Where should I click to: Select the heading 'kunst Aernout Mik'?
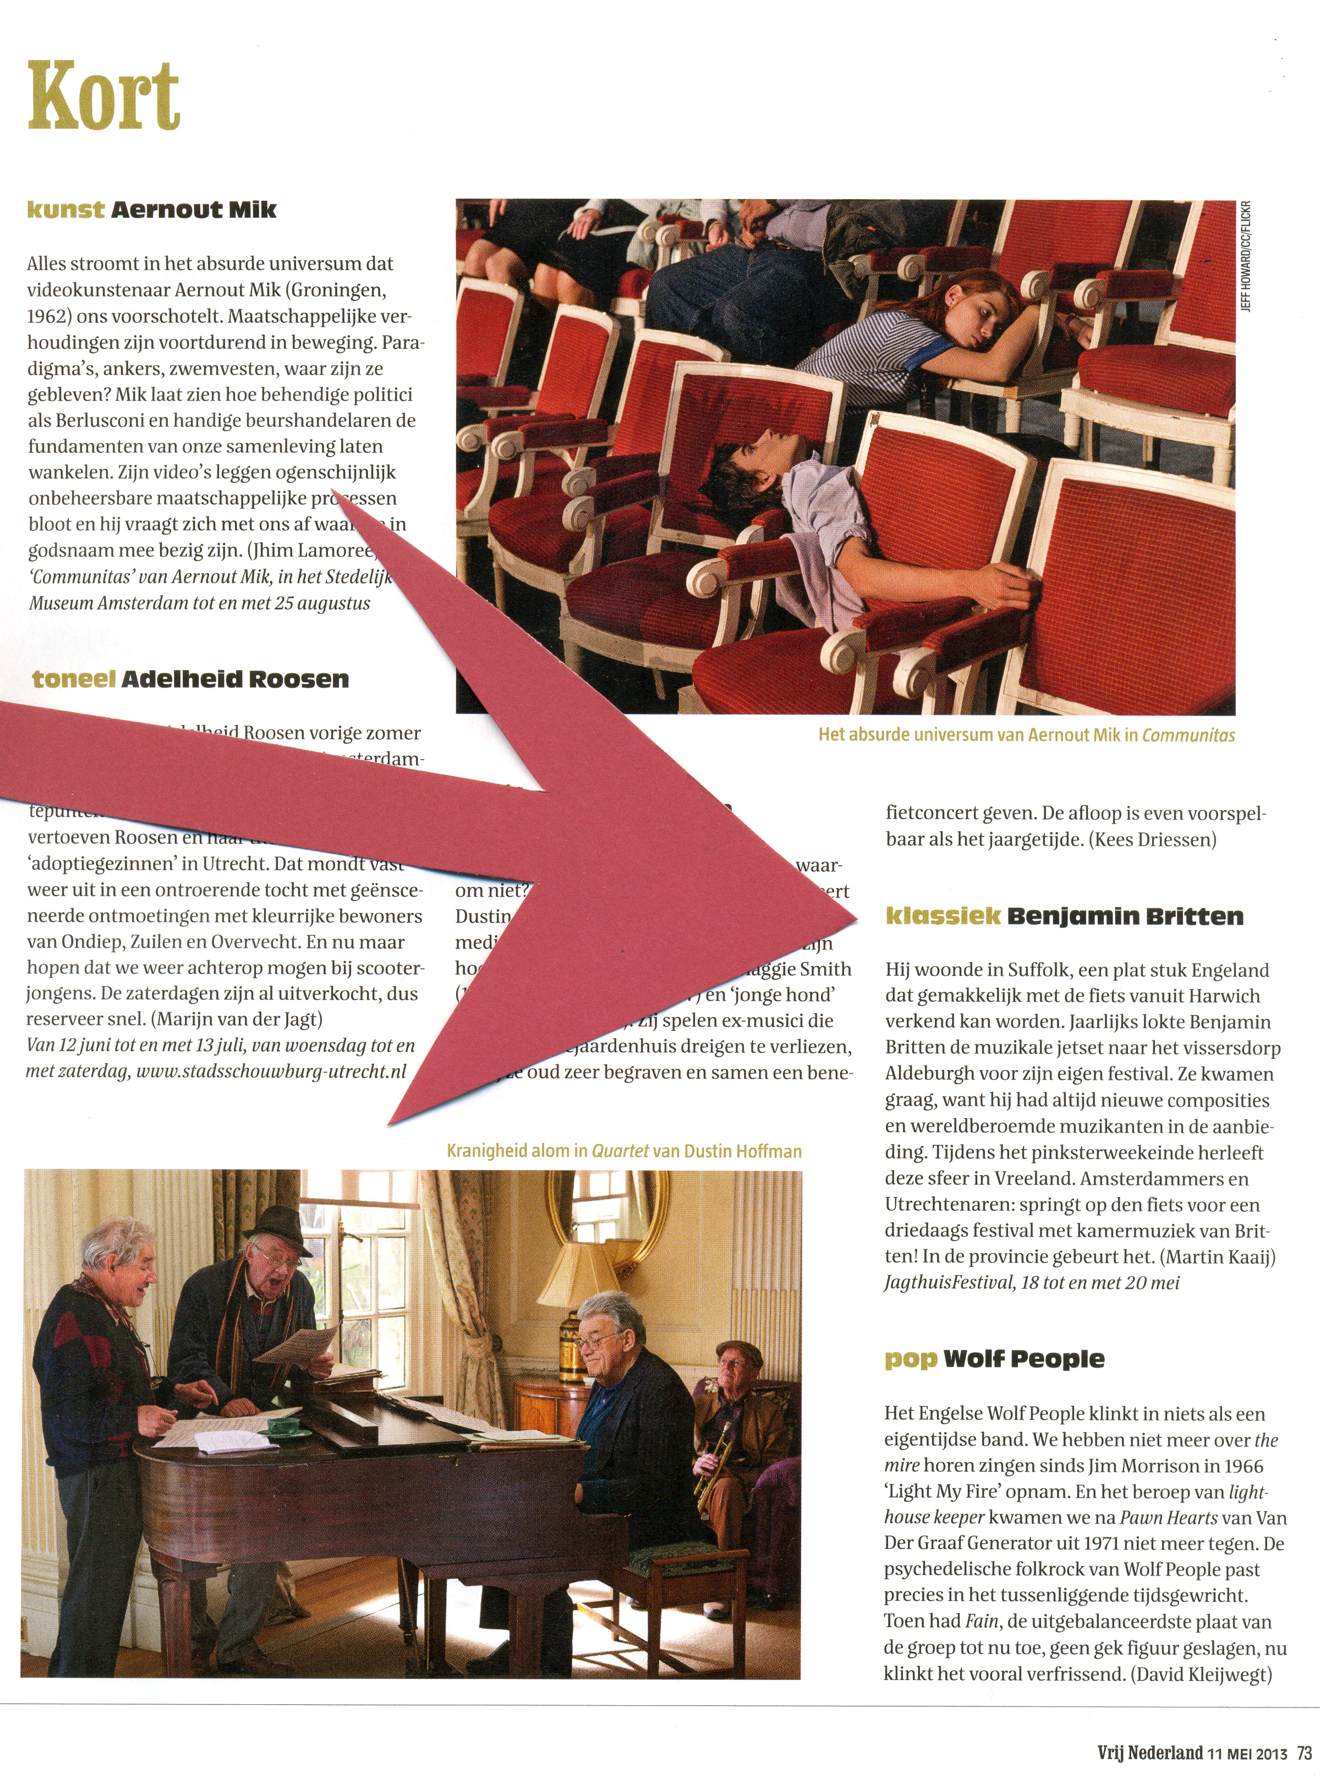(x=152, y=210)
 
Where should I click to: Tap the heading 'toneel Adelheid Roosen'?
(x=190, y=680)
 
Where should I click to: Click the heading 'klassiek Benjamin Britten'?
(x=1064, y=916)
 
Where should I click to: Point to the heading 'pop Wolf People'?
(x=994, y=1359)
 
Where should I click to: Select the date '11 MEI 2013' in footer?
(x=1247, y=1754)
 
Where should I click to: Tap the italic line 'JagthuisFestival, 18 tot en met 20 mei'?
(x=1032, y=1283)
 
